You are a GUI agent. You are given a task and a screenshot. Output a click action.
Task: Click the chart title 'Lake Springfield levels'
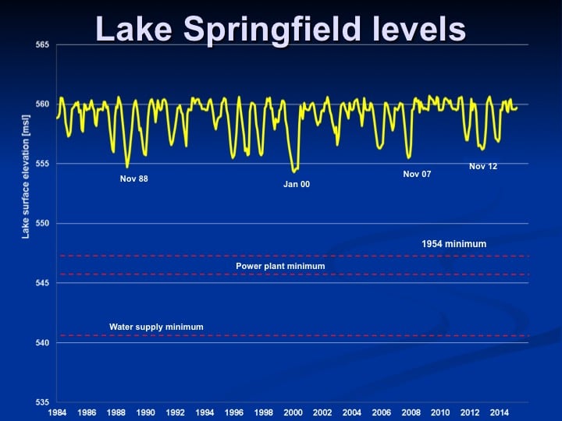tap(281, 30)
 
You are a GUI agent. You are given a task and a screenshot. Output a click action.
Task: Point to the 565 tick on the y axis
tap(42, 45)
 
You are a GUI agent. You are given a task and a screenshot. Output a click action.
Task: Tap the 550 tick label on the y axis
tap(42, 224)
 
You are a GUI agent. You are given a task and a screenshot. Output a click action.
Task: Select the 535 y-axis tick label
tap(42, 402)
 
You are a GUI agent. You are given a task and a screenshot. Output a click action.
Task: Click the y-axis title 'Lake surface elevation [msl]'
tap(26, 176)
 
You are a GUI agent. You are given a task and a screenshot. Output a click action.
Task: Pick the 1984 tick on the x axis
tap(57, 412)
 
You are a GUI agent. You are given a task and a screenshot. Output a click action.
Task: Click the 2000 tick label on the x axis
tap(293, 412)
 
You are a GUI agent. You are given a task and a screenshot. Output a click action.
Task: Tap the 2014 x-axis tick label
tap(500, 412)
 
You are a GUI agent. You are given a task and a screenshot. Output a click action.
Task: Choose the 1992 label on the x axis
tap(175, 412)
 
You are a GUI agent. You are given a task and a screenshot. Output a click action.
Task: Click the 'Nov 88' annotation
tap(133, 179)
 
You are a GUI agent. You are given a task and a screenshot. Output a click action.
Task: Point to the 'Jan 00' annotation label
tap(297, 184)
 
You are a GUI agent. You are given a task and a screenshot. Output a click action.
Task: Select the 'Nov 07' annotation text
tap(417, 174)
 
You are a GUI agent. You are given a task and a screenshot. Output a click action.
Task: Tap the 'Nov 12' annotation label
tap(483, 166)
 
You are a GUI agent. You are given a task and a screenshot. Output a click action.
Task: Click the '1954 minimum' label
tap(454, 244)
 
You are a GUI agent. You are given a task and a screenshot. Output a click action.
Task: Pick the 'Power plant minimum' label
tap(280, 266)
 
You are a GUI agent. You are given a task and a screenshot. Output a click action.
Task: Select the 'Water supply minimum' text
tap(156, 327)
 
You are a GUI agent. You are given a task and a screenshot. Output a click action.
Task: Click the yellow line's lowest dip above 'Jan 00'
tap(294, 172)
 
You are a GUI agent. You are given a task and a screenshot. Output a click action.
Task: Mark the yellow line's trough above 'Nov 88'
tap(127, 167)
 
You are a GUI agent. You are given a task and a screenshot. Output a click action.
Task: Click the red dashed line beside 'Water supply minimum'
tap(294, 335)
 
